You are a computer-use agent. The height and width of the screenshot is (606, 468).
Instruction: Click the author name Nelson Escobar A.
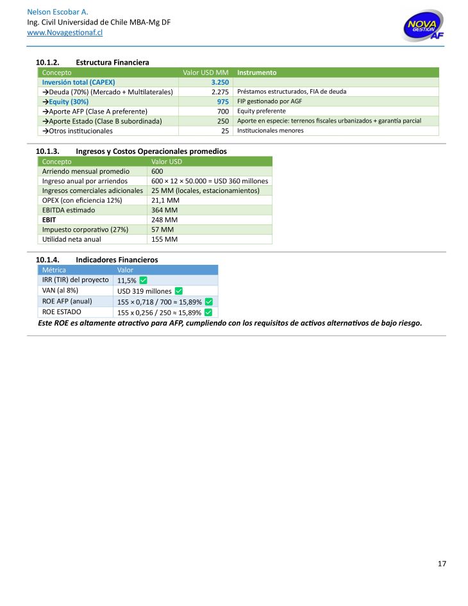[57, 12]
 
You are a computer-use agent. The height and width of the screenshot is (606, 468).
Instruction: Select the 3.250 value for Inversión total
[219, 82]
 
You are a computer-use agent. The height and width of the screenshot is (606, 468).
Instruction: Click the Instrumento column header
[257, 72]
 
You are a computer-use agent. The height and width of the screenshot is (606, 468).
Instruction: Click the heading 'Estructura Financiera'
[112, 62]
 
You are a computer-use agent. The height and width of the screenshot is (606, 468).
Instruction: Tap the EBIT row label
[49, 220]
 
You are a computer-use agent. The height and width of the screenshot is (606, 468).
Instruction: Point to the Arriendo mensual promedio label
[86, 171]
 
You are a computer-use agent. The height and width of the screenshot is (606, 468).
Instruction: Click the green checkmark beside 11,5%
[144, 280]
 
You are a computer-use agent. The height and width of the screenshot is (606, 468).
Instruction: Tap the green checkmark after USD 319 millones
[179, 291]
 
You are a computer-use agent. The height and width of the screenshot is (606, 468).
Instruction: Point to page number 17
[442, 564]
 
